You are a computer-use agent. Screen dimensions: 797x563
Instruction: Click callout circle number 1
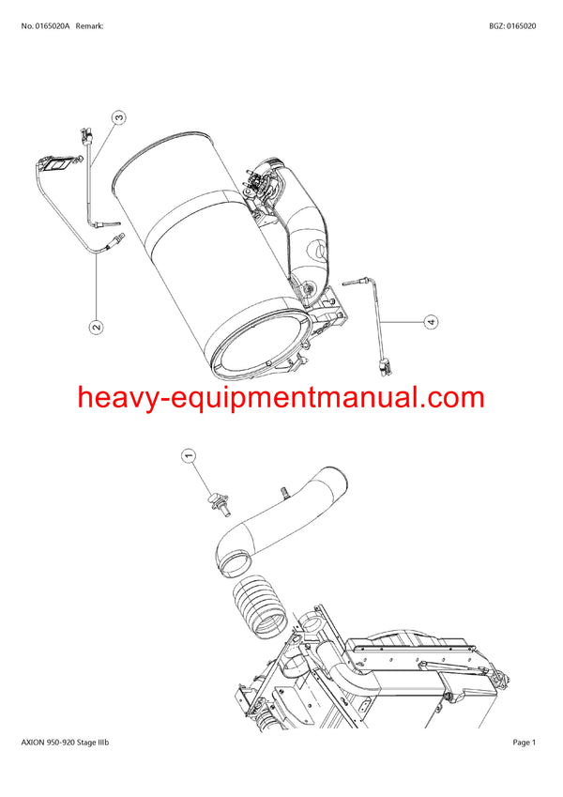click(187, 456)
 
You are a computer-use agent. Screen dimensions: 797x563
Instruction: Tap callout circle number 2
click(96, 328)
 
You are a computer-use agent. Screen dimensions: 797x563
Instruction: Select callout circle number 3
click(119, 118)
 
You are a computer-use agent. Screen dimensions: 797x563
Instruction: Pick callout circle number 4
click(431, 322)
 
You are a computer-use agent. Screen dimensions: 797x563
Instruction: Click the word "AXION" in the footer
click(34, 743)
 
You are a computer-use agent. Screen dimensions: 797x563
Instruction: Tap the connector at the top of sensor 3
click(87, 136)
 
